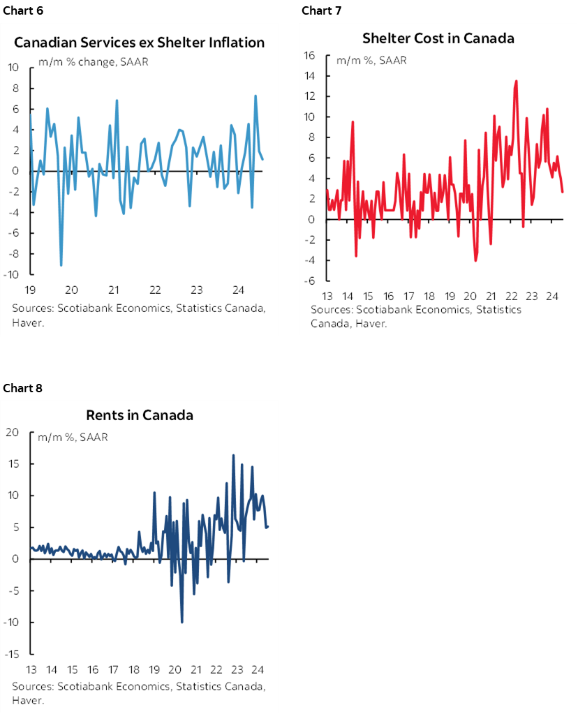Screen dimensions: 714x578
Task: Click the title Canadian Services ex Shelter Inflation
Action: (x=140, y=43)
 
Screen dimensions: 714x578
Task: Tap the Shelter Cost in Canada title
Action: (x=438, y=38)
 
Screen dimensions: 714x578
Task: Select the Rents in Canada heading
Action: (x=139, y=415)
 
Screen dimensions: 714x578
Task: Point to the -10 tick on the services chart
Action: (x=13, y=274)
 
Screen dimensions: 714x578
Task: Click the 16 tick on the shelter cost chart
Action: (x=311, y=55)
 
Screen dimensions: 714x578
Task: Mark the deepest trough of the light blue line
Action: (x=61, y=265)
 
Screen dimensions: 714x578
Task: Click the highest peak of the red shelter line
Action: (x=516, y=81)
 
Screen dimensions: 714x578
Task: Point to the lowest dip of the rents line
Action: (x=182, y=622)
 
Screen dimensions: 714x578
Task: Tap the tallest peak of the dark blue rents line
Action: (x=233, y=455)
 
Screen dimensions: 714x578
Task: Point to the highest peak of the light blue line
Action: (x=256, y=96)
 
